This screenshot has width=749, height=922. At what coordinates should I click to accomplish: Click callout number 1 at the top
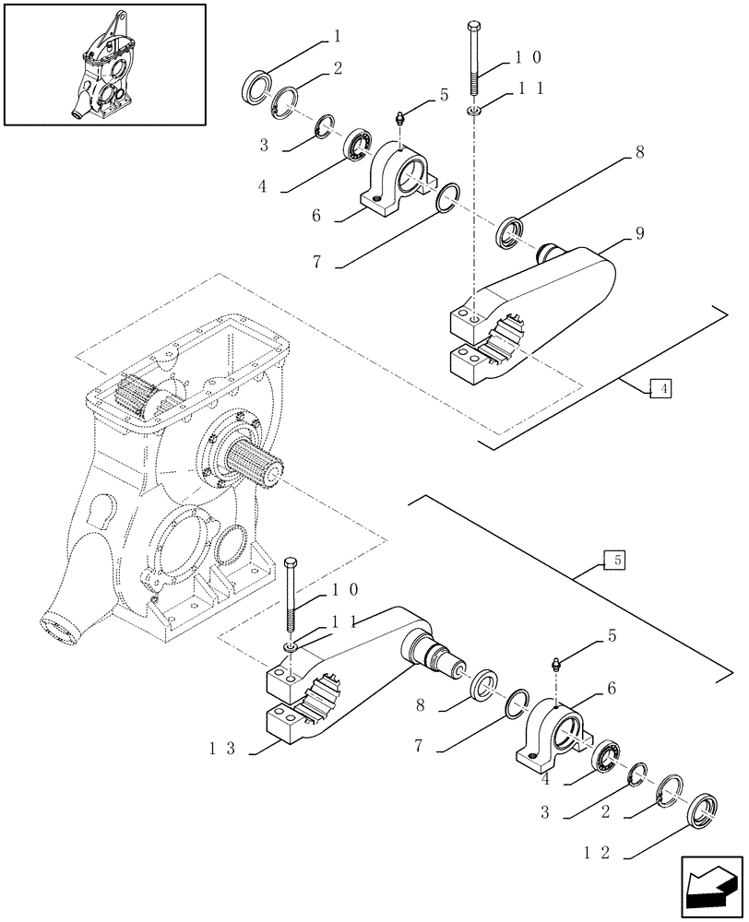point(337,37)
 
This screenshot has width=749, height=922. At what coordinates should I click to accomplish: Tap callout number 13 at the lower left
point(227,749)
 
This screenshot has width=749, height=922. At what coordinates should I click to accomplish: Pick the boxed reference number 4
point(660,389)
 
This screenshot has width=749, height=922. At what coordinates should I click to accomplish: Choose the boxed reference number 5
point(612,560)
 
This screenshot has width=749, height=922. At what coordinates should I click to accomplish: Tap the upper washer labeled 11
point(472,111)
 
